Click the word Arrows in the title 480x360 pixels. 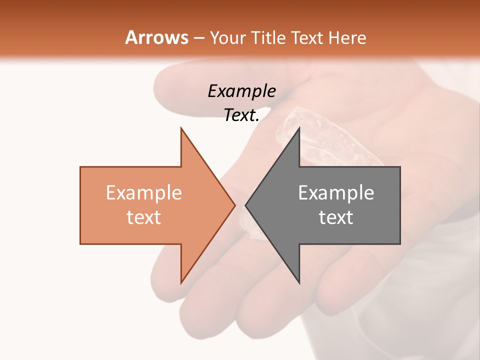tap(157, 37)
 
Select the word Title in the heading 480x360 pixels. tap(267, 37)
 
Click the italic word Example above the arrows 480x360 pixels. tap(241, 91)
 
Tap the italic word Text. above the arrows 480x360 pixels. tap(241, 115)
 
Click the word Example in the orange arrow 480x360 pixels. tap(143, 193)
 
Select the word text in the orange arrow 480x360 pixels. tap(143, 217)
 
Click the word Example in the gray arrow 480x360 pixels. tap(336, 193)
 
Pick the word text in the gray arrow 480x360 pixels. tap(336, 217)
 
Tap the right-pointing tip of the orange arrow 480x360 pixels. tap(234, 205)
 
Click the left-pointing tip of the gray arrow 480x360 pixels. tap(246, 205)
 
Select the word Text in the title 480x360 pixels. tap(306, 37)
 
